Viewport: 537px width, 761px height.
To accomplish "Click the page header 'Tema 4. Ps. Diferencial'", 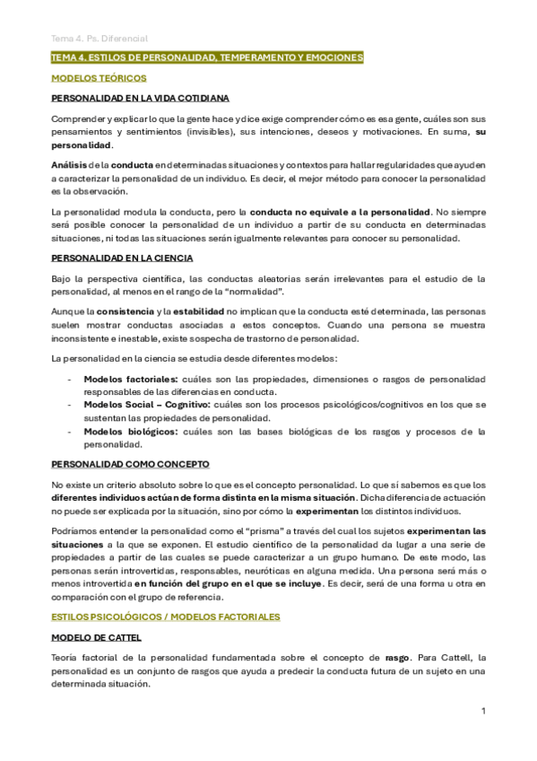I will pyautogui.click(x=99, y=39).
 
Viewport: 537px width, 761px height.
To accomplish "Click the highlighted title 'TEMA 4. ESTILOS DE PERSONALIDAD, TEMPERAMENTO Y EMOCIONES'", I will pyautogui.click(x=207, y=57).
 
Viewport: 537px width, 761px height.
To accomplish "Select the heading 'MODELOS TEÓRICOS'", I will pyautogui.click(x=99, y=78).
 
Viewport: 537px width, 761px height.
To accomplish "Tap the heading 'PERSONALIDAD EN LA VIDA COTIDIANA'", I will pyautogui.click(x=140, y=98).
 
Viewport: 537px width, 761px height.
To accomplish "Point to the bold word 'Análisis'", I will pyautogui.click(x=69, y=165).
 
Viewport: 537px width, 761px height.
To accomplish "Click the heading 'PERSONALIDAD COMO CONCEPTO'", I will pyautogui.click(x=130, y=464).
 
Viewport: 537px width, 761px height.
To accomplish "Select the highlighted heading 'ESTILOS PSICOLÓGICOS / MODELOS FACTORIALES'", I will pyautogui.click(x=166, y=617).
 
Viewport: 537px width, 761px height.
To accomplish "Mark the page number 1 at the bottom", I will pyautogui.click(x=483, y=712).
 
